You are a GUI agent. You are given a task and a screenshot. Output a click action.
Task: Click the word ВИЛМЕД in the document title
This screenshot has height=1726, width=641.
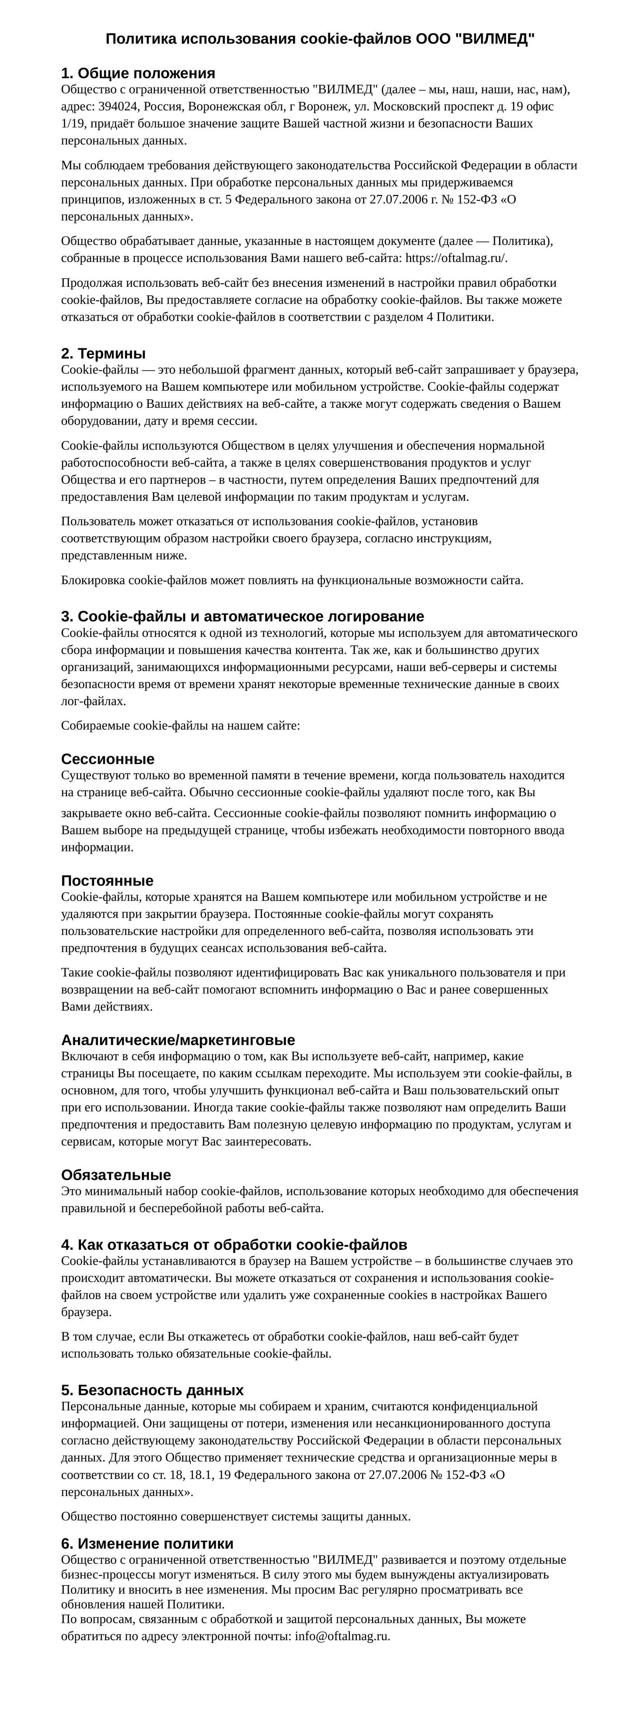coord(495,39)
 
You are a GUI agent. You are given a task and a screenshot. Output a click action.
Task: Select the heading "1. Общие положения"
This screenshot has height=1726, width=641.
coord(138,73)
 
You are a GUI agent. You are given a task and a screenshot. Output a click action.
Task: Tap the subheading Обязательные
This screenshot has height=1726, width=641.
coord(116,1174)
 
